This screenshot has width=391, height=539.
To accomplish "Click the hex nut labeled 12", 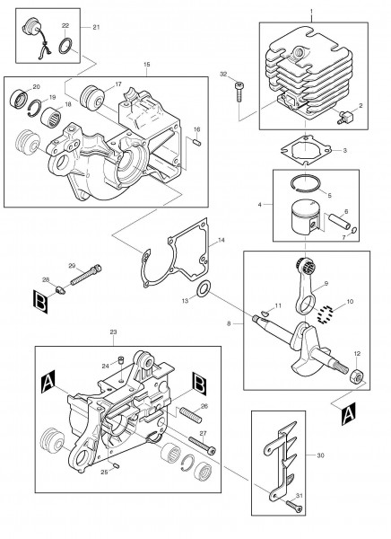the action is coord(357,377).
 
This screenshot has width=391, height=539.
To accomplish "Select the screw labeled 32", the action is coord(239,91).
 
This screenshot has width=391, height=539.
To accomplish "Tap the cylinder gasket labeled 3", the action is coord(306,150).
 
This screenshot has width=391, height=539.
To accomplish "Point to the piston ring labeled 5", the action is coord(305,183).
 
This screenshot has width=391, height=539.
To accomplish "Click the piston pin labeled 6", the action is coord(339,222).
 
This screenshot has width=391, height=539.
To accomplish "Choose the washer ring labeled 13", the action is coord(204,288).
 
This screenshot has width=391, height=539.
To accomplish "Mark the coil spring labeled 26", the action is coord(191,415).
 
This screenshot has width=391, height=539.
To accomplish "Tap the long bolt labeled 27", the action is coord(202,445).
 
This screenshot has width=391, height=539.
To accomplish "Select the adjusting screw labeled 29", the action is coord(86,274).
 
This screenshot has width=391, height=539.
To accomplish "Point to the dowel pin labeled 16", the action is coord(197,142).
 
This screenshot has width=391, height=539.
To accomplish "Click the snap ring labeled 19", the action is coord(35,108).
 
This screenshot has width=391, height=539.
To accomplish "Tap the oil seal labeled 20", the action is coord(19,98).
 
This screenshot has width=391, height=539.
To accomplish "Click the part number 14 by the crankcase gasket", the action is coord(222,240).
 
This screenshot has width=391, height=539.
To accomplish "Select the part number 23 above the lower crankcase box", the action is coord(113,331).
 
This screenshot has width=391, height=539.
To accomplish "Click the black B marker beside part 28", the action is coord(40,302).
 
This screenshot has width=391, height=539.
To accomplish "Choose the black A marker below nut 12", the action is coord(349,414).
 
